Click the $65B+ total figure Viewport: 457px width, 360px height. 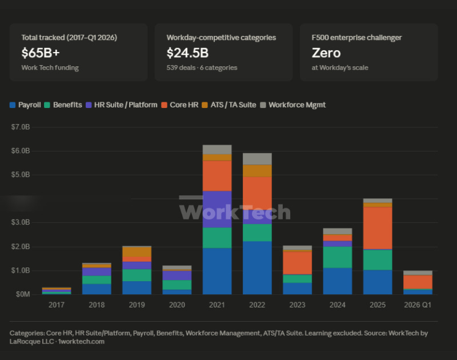(41, 53)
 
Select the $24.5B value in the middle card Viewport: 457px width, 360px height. (187, 53)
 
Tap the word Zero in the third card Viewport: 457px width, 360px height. (326, 53)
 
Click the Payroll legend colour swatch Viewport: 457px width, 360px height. (13, 105)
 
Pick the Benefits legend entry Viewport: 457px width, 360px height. (63, 105)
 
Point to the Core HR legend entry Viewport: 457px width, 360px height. (180, 105)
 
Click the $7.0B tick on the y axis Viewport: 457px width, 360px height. (21, 127)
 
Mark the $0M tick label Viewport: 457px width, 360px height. (23, 294)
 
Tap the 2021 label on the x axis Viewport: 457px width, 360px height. (217, 305)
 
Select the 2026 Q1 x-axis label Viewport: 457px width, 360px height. (418, 305)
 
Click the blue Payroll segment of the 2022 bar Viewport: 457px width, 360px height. (257, 267)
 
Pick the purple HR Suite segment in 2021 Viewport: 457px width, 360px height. (217, 209)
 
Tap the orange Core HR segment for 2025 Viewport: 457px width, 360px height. (378, 228)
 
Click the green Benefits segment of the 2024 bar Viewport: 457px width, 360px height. (338, 257)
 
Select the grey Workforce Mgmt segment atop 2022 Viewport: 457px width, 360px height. (257, 159)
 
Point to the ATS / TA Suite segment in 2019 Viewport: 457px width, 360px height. (137, 252)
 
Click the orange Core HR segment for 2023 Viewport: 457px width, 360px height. (297, 263)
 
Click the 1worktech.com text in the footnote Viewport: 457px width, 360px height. (81, 342)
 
